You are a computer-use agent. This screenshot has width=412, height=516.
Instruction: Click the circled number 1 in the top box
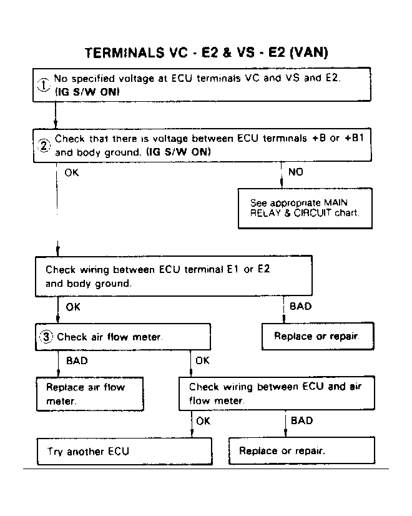click(x=44, y=84)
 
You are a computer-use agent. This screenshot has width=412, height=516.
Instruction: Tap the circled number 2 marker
click(x=44, y=145)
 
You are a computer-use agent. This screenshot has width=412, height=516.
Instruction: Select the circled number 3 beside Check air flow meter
click(x=46, y=337)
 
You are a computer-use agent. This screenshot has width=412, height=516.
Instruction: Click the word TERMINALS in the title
click(x=124, y=53)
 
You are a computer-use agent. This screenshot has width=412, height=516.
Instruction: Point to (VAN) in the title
click(x=309, y=52)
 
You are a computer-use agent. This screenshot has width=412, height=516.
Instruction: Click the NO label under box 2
click(x=296, y=172)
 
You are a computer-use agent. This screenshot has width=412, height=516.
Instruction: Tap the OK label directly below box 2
click(x=72, y=172)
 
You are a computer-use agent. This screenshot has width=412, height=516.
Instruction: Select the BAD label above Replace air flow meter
click(x=77, y=360)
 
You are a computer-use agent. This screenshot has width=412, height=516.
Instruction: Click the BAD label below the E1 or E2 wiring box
click(x=300, y=306)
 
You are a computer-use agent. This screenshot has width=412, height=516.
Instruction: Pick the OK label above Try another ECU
click(x=204, y=421)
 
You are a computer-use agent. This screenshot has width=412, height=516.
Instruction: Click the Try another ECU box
click(x=125, y=451)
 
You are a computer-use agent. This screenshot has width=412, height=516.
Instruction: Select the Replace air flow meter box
click(x=90, y=394)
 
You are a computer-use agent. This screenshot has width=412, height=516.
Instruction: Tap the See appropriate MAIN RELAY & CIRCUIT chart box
click(x=305, y=208)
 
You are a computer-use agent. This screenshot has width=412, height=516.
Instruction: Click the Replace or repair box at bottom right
click(x=302, y=450)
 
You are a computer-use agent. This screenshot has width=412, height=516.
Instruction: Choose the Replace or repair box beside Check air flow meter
click(x=318, y=336)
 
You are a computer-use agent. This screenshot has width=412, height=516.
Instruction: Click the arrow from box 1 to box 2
click(x=56, y=115)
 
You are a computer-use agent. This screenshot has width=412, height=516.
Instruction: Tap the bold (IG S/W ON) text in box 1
click(x=87, y=92)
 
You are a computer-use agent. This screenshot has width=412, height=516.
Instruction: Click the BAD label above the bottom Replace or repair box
click(x=302, y=420)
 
